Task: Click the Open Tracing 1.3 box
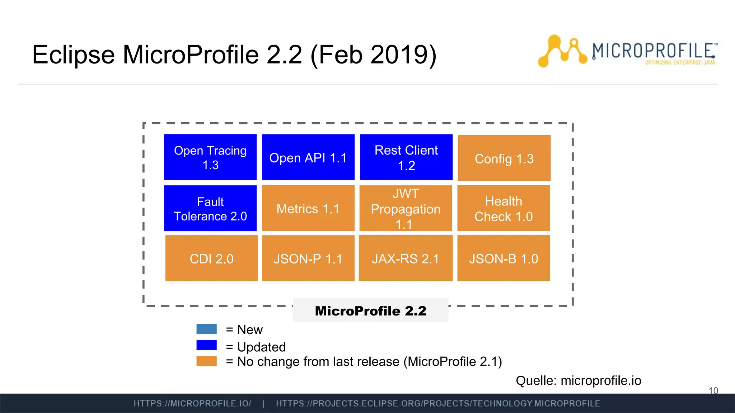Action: point(210,157)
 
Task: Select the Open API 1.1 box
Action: point(308,157)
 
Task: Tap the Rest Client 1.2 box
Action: point(406,157)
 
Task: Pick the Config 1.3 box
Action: point(504,158)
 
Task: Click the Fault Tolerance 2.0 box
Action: point(210,208)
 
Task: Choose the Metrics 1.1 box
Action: point(308,208)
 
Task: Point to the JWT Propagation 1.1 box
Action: point(406,208)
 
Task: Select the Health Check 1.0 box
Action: point(504,208)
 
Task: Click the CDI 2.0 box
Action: point(211,258)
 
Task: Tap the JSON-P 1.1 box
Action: point(308,258)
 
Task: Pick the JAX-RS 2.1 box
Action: point(406,258)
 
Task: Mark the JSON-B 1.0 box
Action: point(504,258)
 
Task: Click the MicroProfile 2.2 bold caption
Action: point(370,310)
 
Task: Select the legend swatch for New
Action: point(206,329)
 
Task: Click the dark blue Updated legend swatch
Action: point(206,345)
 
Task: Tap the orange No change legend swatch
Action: point(206,361)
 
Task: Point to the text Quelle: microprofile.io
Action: point(578,380)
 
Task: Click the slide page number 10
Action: point(713,390)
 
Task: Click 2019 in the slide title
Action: point(399,54)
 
